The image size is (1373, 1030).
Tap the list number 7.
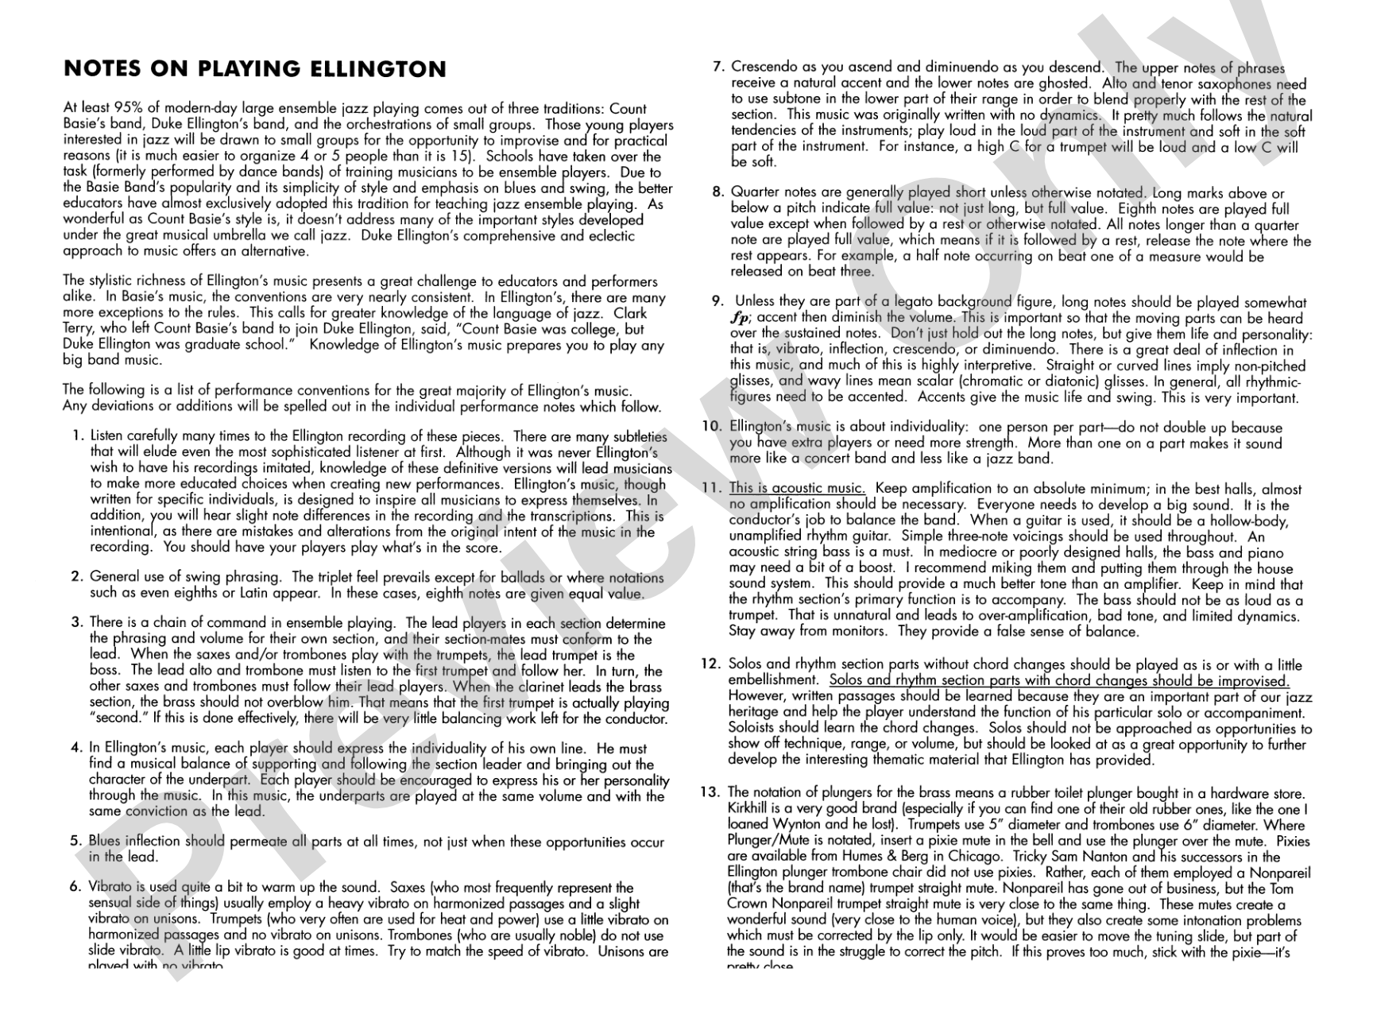[718, 68]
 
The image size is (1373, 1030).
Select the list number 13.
[710, 792]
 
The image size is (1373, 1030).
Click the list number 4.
[76, 748]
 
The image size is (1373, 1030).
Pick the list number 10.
[711, 427]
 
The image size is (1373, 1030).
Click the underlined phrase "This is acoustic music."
[797, 489]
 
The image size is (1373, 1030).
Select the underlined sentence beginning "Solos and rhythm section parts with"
[1059, 681]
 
